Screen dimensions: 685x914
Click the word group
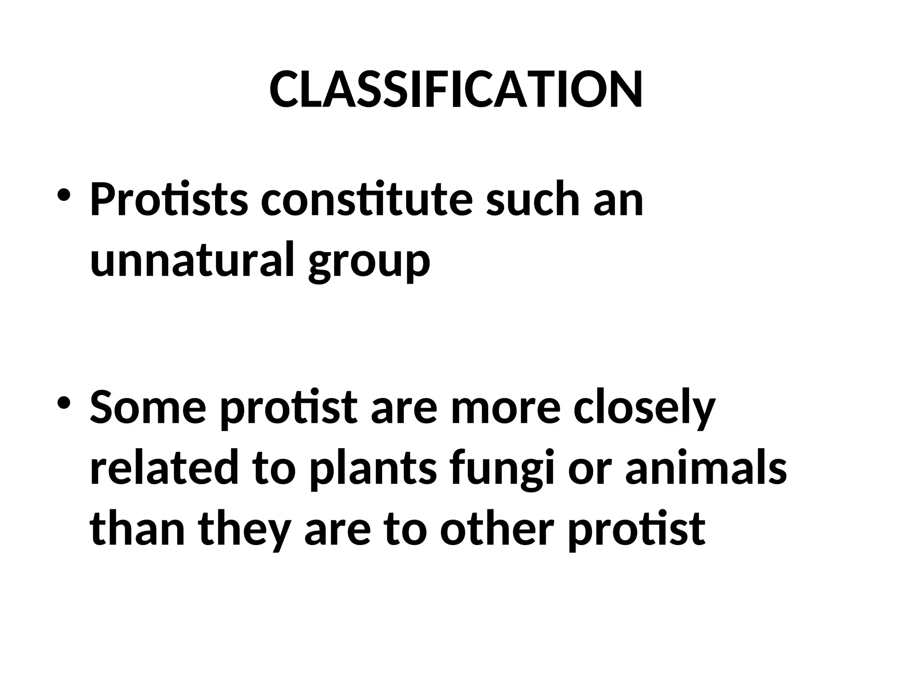(369, 262)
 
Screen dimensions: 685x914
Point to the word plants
(373, 470)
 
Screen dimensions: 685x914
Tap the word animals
(706, 468)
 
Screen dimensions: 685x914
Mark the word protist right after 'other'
(636, 531)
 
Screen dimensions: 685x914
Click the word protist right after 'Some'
(289, 409)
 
